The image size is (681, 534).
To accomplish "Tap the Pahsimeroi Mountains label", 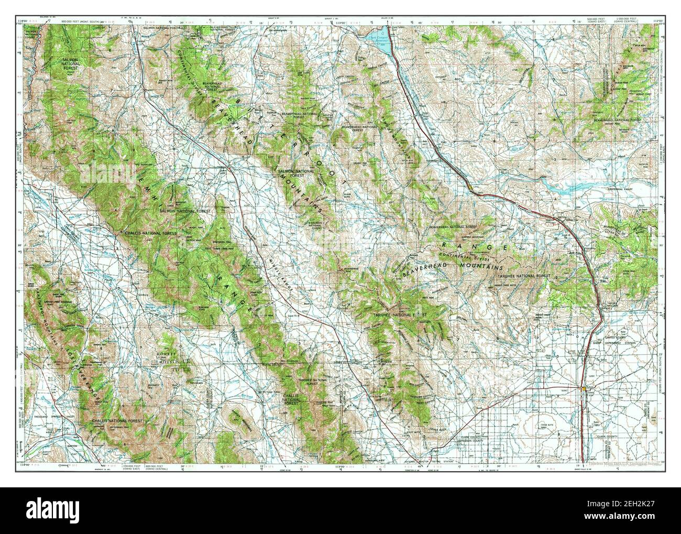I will click(45, 314).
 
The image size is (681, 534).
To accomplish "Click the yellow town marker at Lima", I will click(471, 187).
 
